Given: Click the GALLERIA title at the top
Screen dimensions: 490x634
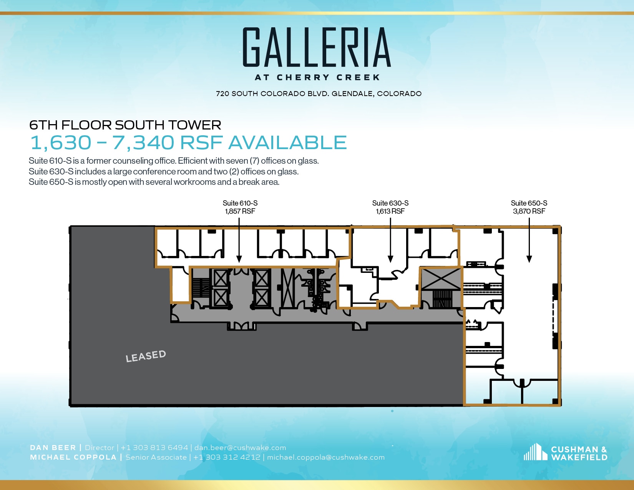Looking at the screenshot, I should (x=317, y=48).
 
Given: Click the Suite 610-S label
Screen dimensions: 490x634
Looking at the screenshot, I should (x=240, y=203).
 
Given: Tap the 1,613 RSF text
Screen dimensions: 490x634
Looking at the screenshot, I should (x=390, y=211).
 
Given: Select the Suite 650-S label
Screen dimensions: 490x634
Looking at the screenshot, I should (x=529, y=203).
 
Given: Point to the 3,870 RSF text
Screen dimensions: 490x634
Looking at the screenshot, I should (x=529, y=211).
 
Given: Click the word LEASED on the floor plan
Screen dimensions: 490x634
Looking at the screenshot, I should (x=146, y=356).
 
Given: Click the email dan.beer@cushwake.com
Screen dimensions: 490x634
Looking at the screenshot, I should (x=240, y=448).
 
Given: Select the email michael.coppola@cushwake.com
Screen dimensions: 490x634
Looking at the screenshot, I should (x=326, y=457).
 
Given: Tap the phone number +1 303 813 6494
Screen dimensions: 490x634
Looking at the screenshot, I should (x=154, y=448).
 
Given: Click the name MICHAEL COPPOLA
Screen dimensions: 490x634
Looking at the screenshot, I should (x=73, y=457).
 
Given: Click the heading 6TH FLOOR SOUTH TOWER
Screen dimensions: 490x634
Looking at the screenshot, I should (x=125, y=125).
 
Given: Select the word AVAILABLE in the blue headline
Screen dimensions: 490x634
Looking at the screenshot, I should (x=287, y=143).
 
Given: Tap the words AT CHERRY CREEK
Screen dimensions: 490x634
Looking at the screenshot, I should (x=317, y=77).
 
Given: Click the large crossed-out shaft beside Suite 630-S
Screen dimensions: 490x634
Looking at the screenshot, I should (x=441, y=279).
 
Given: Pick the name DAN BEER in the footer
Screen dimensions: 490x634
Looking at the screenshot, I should (x=53, y=448).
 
